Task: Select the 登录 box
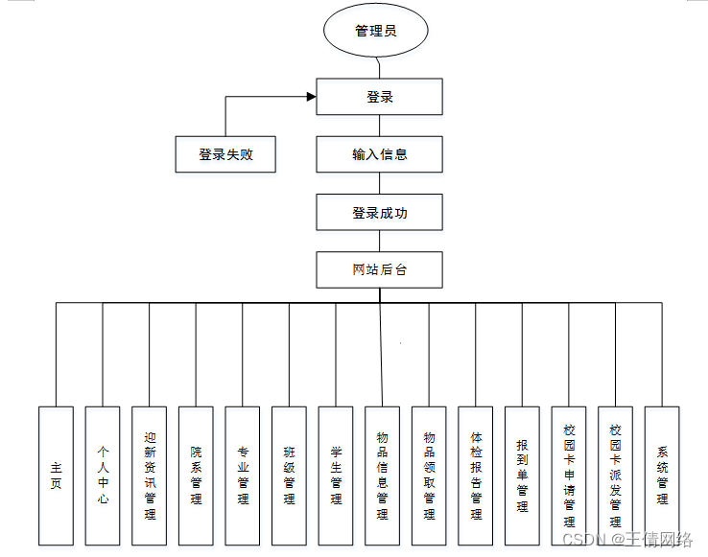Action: click(379, 97)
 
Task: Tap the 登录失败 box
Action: click(225, 154)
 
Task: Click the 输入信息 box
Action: click(379, 154)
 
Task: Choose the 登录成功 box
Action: click(379, 213)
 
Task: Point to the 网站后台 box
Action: click(379, 269)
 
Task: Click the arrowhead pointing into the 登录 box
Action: click(311, 96)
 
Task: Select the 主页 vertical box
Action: click(56, 476)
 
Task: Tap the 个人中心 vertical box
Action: click(103, 476)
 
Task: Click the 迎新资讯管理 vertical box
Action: click(149, 476)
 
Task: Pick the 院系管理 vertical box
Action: click(196, 476)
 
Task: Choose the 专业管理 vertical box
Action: click(243, 476)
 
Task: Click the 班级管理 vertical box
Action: click(289, 476)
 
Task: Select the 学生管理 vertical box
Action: click(336, 476)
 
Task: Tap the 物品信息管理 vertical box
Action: click(382, 476)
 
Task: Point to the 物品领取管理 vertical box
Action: click(429, 476)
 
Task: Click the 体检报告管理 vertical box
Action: click(476, 476)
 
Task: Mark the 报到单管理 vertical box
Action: click(522, 476)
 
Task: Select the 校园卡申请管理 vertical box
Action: click(569, 476)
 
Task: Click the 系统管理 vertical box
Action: click(662, 476)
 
